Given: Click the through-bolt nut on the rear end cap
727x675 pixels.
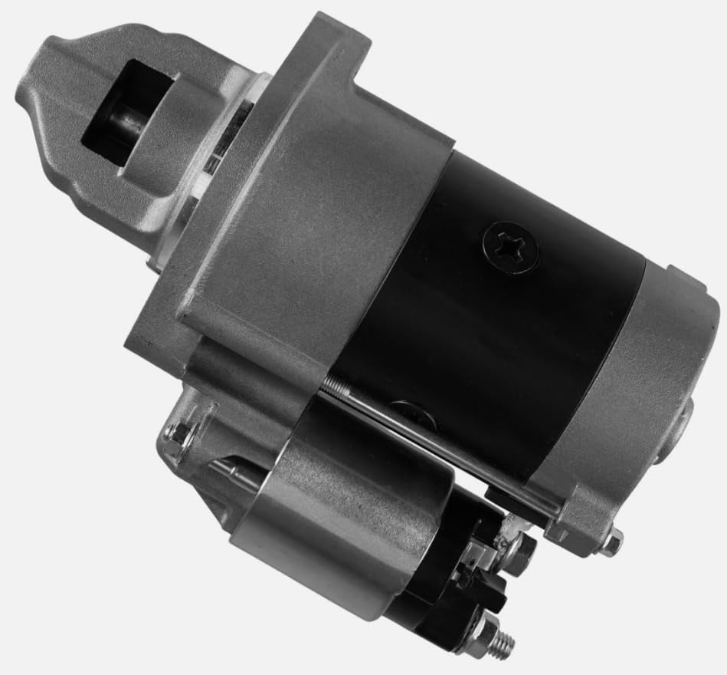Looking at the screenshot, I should point(610,542).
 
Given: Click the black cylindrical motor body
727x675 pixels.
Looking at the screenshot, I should point(490,322).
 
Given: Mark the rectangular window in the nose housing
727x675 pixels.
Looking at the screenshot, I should point(126,115).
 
